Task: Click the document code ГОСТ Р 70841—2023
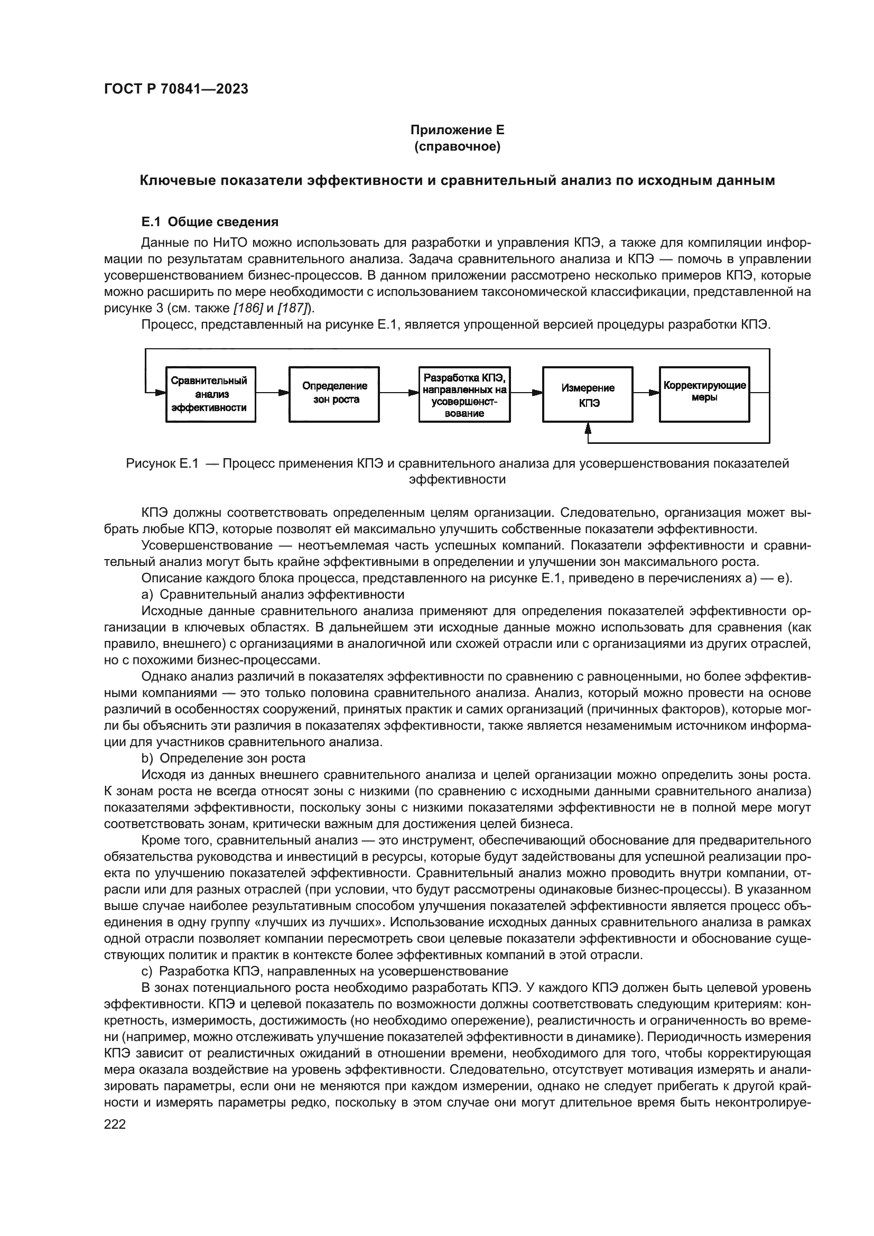click(x=176, y=89)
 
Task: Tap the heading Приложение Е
click(x=457, y=130)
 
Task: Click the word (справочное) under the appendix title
click(x=457, y=146)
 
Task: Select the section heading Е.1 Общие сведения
click(x=210, y=222)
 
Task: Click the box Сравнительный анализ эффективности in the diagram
click(x=210, y=394)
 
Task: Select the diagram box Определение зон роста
click(x=334, y=394)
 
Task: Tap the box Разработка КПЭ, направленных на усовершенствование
click(x=464, y=394)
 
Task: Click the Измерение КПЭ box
click(x=588, y=394)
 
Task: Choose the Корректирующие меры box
click(x=704, y=394)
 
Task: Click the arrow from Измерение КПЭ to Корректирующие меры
click(x=646, y=393)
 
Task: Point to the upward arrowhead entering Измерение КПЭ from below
click(x=588, y=428)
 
